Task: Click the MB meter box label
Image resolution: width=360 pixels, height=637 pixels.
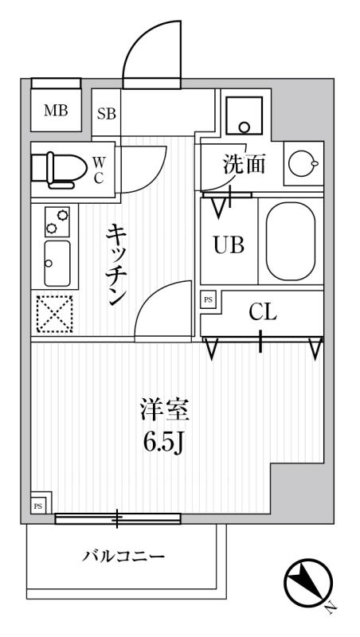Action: click(x=55, y=111)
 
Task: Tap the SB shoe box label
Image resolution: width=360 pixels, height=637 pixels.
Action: click(x=107, y=113)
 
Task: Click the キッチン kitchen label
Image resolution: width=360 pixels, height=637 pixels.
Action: click(x=117, y=264)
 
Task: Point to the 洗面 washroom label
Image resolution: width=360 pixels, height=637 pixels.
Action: click(x=243, y=165)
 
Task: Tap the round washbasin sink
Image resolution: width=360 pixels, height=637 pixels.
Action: click(x=302, y=163)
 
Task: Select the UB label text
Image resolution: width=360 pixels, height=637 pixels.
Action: click(x=228, y=244)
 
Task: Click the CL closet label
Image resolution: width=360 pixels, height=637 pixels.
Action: click(x=262, y=313)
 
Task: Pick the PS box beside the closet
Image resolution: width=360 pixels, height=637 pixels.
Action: click(x=209, y=299)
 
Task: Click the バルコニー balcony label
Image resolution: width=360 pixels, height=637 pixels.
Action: click(x=124, y=556)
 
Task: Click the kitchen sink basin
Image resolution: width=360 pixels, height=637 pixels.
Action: click(x=56, y=262)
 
